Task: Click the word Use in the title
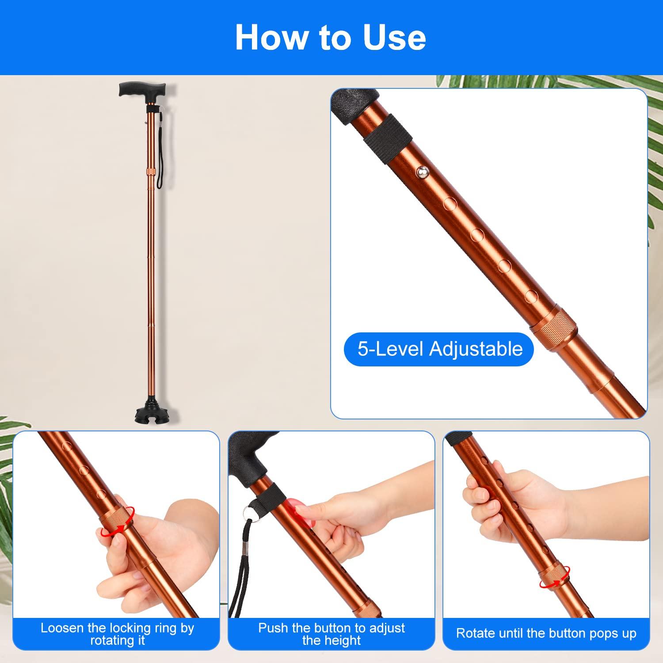(394, 38)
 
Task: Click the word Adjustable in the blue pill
(476, 349)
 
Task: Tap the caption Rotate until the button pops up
(546, 633)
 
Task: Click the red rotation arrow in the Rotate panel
(555, 577)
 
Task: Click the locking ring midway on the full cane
(151, 171)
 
